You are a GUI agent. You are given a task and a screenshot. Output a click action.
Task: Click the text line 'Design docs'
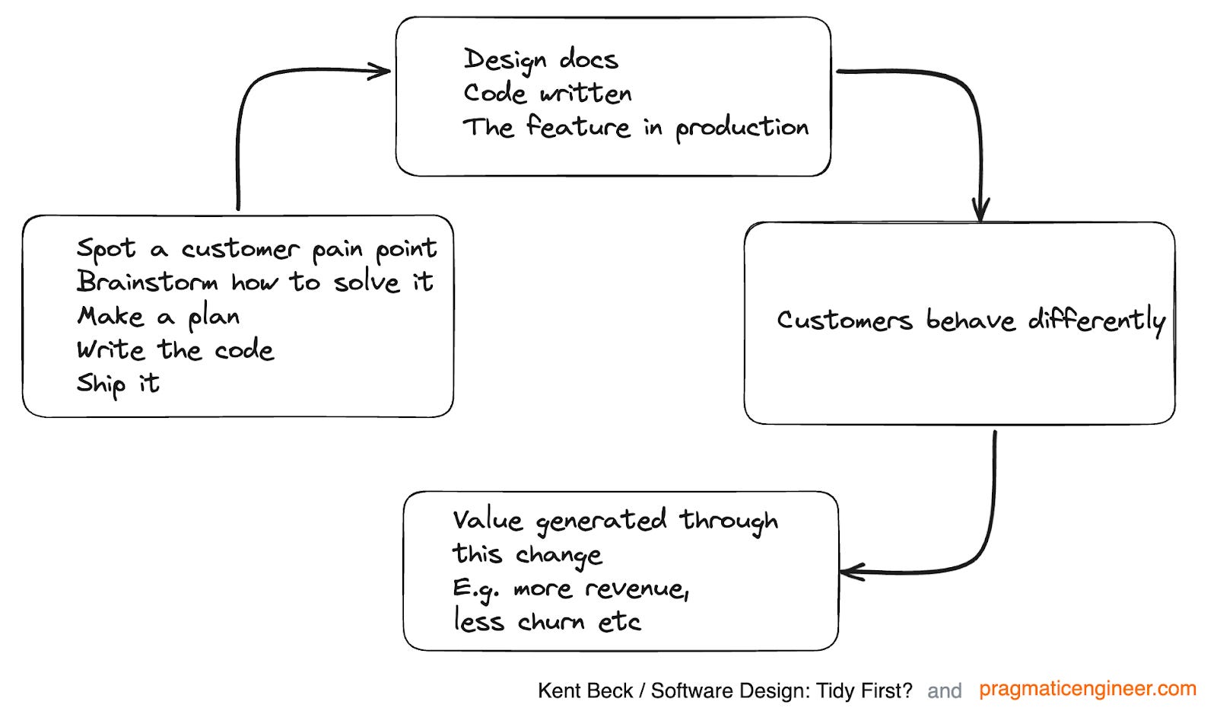[540, 59]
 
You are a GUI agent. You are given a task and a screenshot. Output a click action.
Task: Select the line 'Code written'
[547, 93]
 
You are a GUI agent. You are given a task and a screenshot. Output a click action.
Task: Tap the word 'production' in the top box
[742, 128]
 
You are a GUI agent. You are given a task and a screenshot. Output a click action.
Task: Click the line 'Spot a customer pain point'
[256, 249]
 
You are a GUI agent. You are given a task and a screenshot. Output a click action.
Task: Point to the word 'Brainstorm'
[147, 282]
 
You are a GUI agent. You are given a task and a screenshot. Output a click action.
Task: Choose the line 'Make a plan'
[158, 316]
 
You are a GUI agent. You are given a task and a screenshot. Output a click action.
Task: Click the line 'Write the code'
[175, 349]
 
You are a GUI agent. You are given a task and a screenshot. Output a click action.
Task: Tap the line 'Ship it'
[118, 383]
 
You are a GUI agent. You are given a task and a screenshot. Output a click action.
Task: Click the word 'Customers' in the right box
[844, 320]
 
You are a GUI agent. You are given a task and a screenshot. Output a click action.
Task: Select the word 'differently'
[1096, 320]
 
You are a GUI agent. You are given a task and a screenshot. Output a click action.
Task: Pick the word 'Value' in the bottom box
[488, 521]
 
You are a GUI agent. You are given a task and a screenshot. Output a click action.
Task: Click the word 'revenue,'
[637, 588]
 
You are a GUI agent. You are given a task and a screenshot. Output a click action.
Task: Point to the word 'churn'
[551, 622]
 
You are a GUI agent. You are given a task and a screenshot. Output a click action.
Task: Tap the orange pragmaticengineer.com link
[1087, 689]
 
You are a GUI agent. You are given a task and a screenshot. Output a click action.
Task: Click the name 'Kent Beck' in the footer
[584, 690]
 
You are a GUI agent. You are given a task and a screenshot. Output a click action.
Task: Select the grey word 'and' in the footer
[944, 690]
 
